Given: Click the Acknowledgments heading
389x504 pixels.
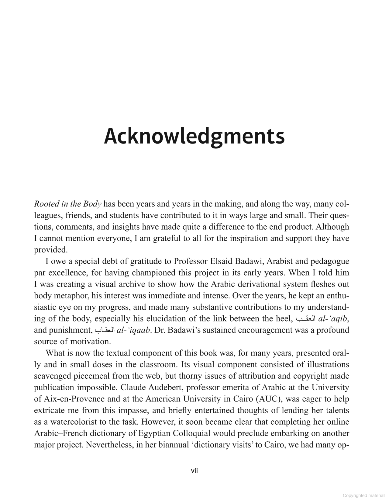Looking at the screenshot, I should coord(194,137).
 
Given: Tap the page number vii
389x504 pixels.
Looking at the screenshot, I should coord(194,471).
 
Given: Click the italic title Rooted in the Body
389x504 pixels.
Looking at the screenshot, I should coord(67,204).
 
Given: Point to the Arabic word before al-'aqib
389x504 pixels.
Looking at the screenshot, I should coord(305,319).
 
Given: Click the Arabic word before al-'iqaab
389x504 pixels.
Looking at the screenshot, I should coord(104,330).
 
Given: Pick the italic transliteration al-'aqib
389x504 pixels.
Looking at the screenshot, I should coord(332,319).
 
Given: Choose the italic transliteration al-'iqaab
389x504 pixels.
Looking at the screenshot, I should coord(133,330).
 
